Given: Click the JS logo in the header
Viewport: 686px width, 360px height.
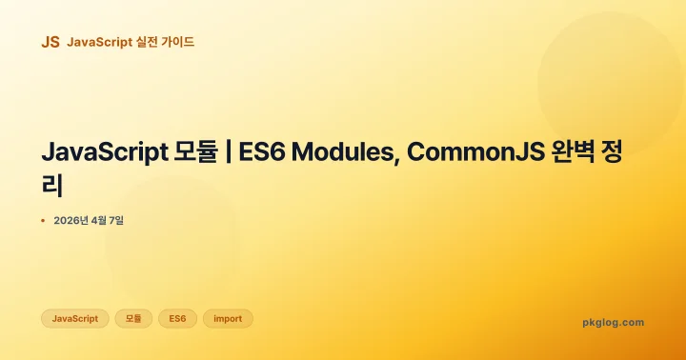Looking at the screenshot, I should (x=50, y=42).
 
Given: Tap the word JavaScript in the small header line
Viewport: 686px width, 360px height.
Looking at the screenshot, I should (x=99, y=42).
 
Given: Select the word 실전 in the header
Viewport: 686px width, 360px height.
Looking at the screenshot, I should (x=148, y=42).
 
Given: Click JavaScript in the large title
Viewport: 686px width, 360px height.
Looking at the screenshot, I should (x=103, y=152).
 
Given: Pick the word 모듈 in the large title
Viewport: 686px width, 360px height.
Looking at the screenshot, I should (x=196, y=152).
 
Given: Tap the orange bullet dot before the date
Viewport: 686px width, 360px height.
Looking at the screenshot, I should (x=43, y=221).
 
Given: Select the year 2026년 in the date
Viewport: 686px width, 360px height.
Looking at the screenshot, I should (x=71, y=221).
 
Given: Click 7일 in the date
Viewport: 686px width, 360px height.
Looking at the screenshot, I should (x=116, y=221).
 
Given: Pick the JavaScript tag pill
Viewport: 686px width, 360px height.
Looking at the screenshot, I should (x=74, y=318).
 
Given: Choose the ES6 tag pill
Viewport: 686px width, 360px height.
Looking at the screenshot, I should (x=177, y=318).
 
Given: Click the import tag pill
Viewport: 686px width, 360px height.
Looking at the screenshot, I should (x=228, y=318).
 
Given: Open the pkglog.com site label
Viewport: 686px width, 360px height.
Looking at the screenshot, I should (x=613, y=322).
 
